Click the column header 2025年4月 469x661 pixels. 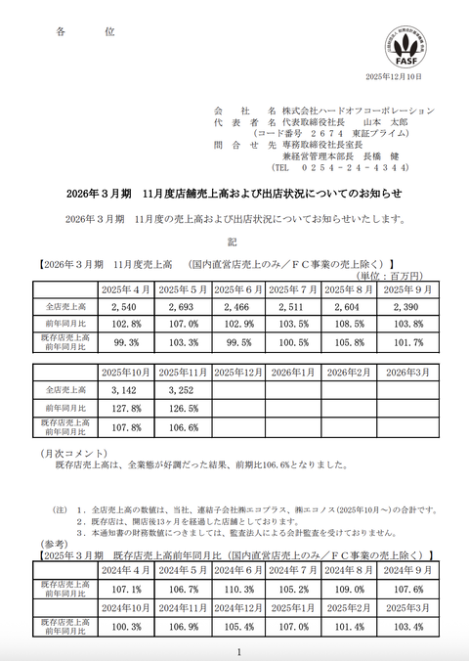click(127, 290)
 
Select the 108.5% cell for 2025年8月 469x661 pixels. click(352, 326)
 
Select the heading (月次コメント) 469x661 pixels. click(69, 454)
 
